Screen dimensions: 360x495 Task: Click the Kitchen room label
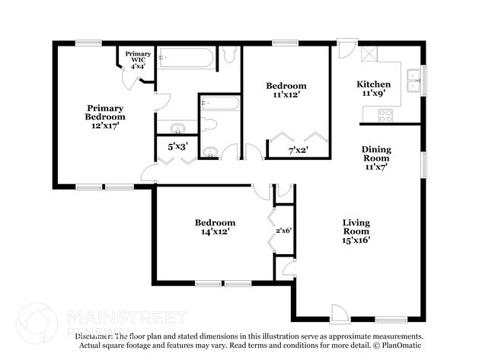(374, 84)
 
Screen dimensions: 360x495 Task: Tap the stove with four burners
(385, 115)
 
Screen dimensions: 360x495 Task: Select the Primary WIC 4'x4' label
(138, 60)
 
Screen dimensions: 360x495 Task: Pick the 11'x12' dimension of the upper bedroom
(286, 94)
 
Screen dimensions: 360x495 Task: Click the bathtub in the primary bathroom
(187, 58)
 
